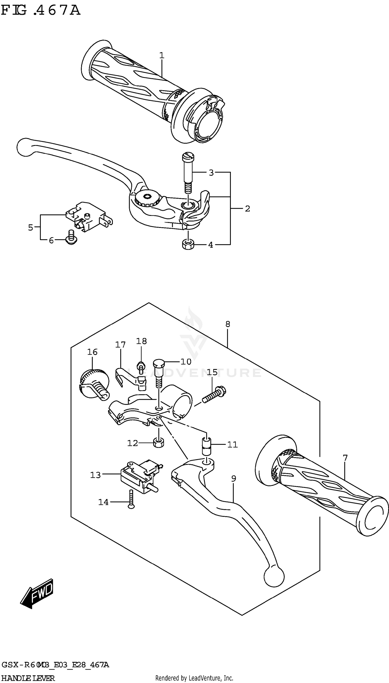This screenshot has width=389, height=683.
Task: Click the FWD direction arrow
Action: point(37,594)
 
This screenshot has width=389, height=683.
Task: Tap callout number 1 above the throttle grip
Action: point(162,55)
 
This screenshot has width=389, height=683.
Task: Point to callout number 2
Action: point(247,209)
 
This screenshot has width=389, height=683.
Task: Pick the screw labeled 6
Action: point(71,238)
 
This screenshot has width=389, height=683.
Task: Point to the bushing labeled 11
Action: point(206,446)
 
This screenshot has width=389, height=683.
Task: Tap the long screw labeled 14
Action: point(131,499)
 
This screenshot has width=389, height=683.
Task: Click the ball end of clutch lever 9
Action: point(274,577)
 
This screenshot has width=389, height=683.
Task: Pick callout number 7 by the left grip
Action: point(345,458)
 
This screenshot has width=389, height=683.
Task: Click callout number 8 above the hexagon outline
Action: point(228,324)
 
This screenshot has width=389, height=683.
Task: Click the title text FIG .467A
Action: point(41,11)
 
